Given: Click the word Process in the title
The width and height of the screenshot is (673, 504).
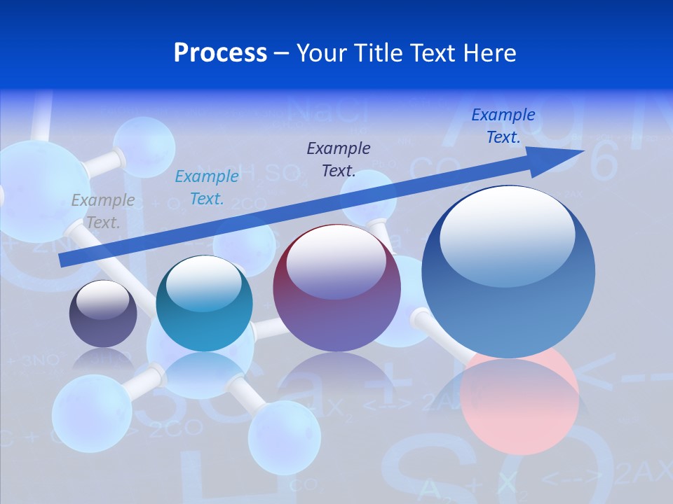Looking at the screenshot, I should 220,52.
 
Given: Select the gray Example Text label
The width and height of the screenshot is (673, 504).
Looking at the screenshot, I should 103,211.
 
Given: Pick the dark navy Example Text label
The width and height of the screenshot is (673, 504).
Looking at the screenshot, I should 339,159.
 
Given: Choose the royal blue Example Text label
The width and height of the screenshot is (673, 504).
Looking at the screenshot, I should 503,126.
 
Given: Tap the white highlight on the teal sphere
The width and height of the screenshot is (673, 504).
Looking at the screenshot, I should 204,283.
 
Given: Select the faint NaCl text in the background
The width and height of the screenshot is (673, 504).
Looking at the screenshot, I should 325,111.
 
